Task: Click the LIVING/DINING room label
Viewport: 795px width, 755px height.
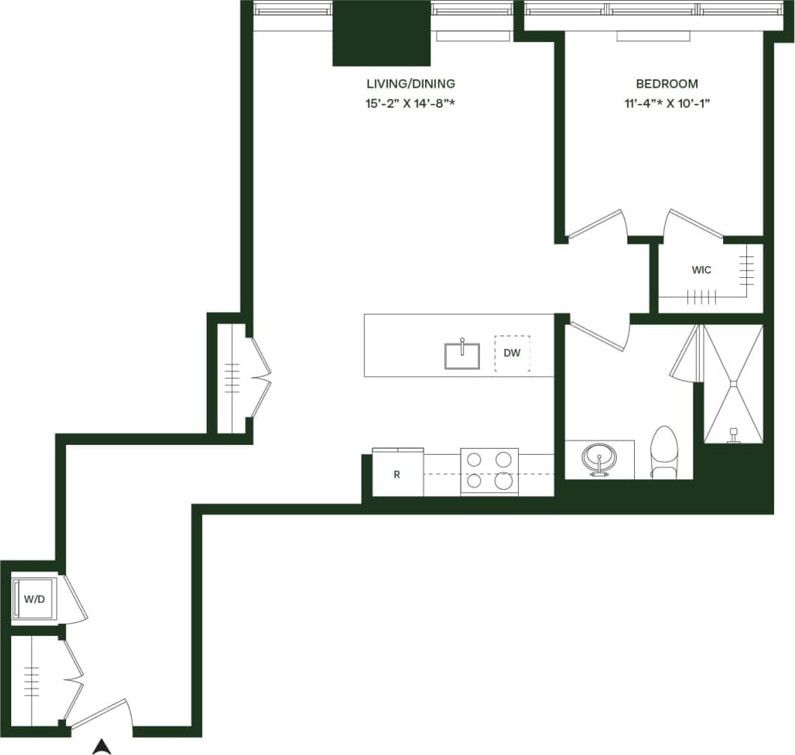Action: pos(410,84)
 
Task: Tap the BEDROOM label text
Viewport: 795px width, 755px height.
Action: pos(666,84)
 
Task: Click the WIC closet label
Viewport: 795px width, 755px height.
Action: pos(701,270)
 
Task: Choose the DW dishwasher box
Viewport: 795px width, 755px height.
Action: pos(512,353)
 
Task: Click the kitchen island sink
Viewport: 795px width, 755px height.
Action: pos(463,356)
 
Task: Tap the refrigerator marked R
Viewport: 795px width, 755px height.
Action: pos(397,474)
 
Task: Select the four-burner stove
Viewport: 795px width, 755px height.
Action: pos(489,471)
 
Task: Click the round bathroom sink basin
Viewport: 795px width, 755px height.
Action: pos(599,458)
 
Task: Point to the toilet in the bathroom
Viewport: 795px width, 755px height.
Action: pos(663,452)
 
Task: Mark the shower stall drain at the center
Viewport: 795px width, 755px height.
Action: pos(734,384)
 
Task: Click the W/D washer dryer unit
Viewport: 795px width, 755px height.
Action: pos(34,599)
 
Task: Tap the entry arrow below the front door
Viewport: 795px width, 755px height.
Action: pos(102,745)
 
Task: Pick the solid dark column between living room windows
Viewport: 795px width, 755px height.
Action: pos(382,34)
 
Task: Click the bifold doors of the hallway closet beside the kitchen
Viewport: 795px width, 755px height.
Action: pos(259,379)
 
